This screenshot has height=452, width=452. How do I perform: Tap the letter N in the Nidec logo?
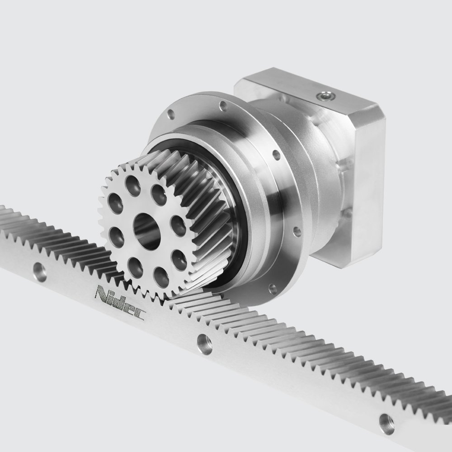point(103,293)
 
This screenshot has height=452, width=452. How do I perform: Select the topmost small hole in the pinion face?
point(133,185)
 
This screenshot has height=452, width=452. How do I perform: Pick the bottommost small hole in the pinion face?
point(160,275)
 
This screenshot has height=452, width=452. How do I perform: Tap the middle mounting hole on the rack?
point(205,344)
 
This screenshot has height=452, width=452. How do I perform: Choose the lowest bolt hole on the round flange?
point(273,288)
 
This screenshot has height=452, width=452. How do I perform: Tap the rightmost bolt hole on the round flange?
point(297,232)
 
